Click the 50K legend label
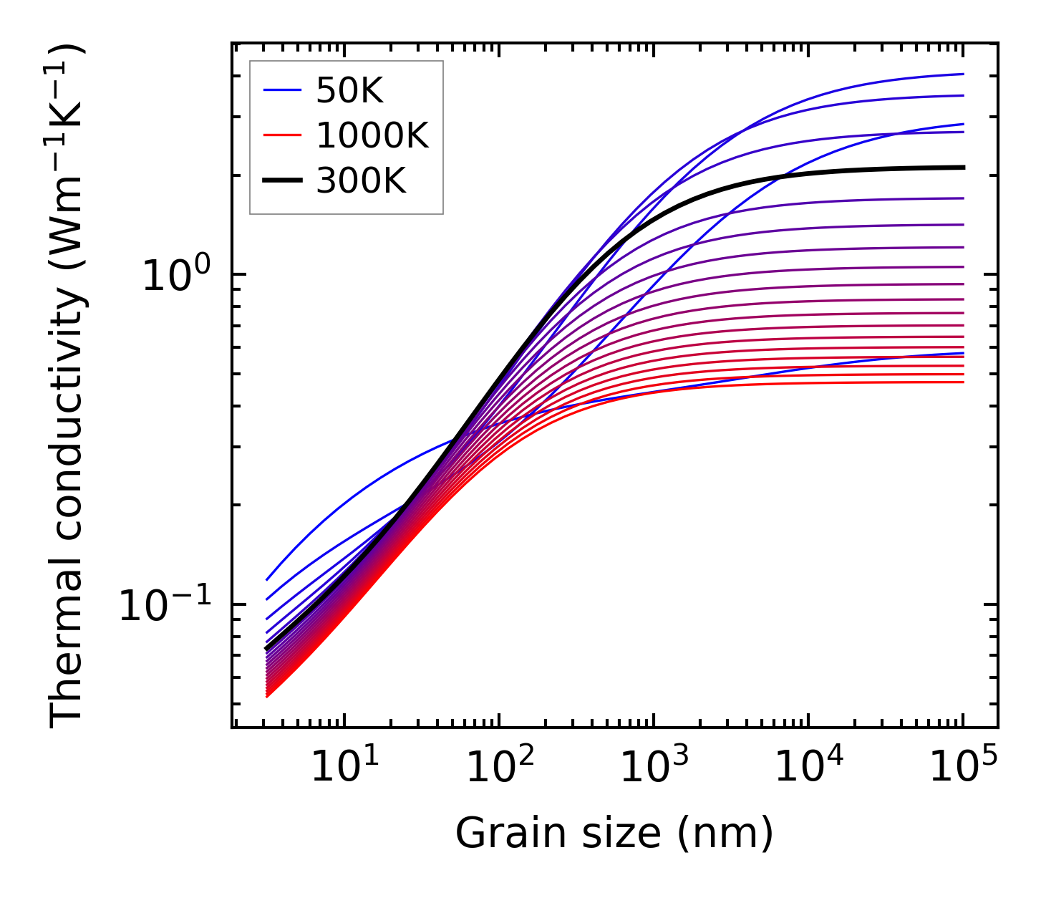pos(350,91)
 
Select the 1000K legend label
pos(372,136)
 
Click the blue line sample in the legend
pos(283,90)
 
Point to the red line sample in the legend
pos(283,135)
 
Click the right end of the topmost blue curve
pos(963,74)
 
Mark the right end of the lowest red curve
pos(963,382)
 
